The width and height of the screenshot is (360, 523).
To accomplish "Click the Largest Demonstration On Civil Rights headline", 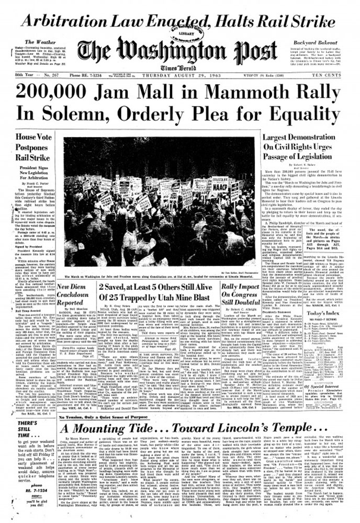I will [x=316, y=149].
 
